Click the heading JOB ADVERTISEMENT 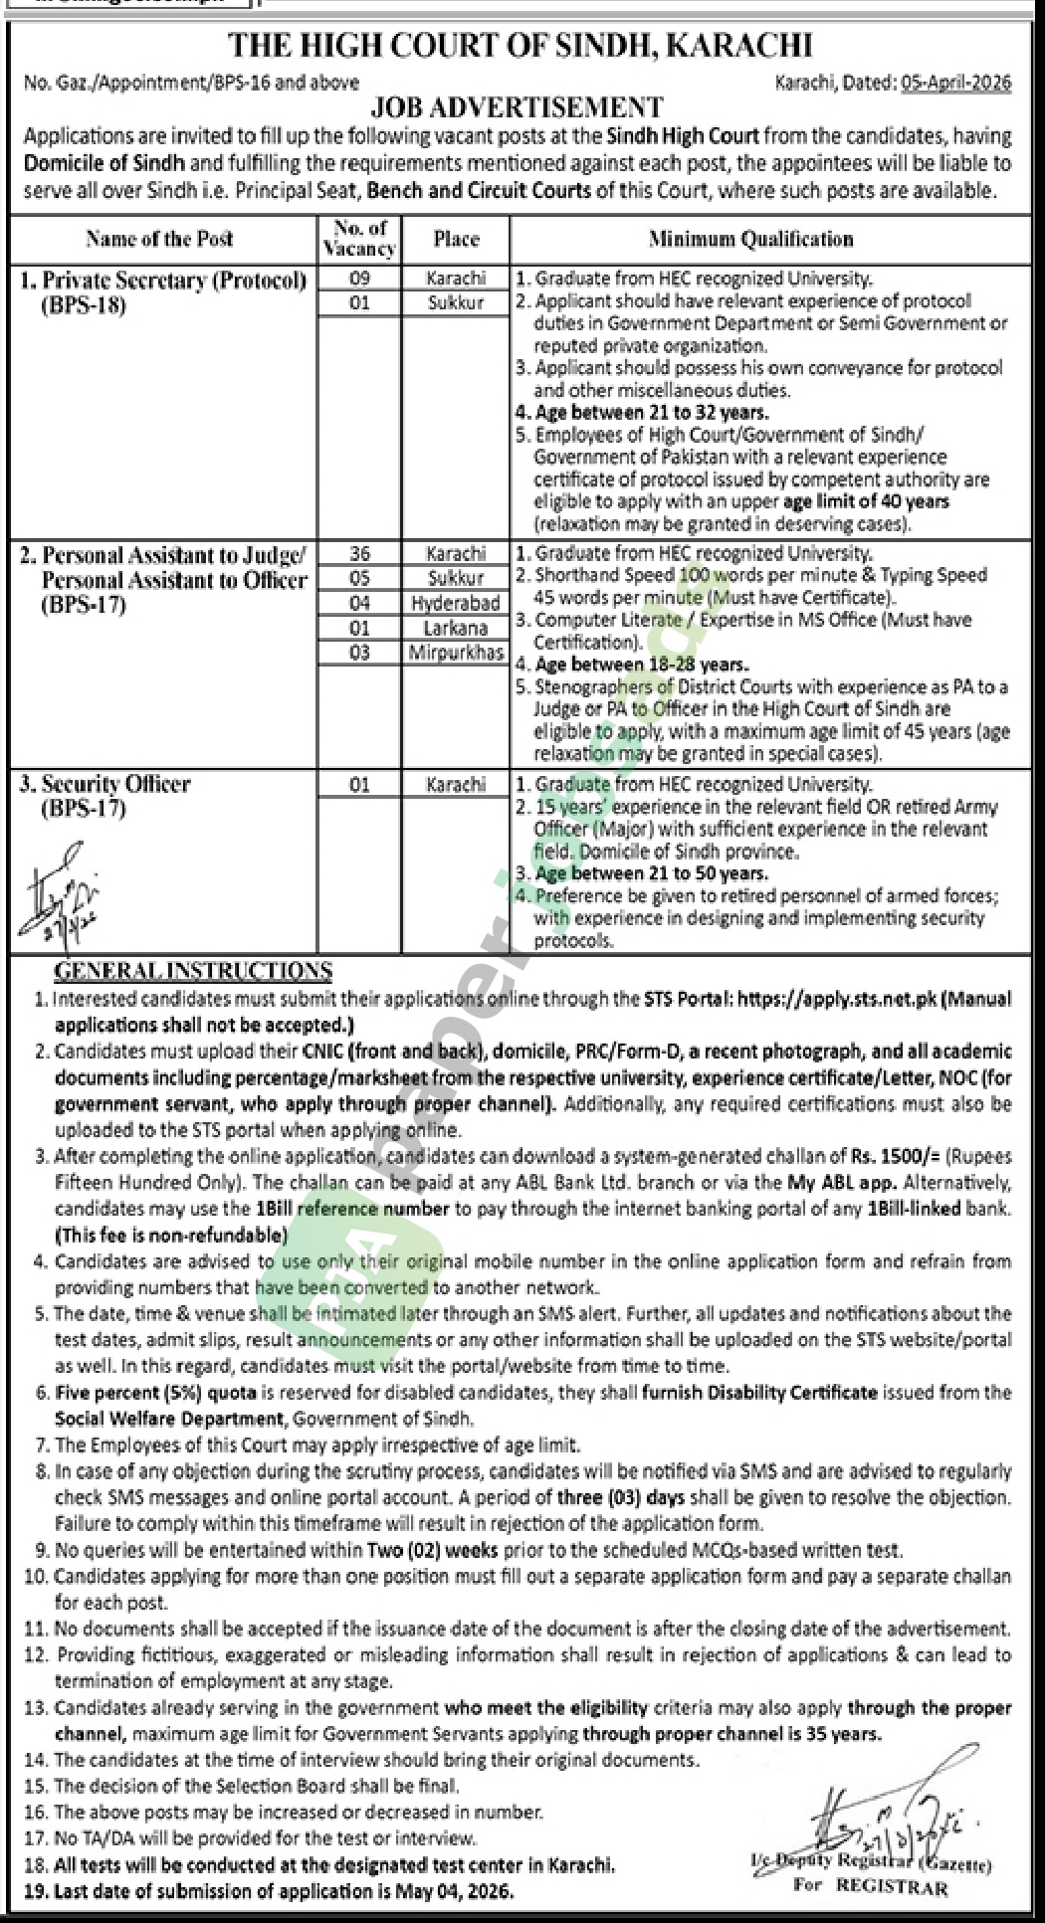click(517, 106)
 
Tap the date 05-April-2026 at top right click(956, 83)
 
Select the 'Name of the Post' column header click(159, 239)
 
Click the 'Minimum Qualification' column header click(751, 239)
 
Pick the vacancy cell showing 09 click(359, 279)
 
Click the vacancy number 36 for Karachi click(359, 553)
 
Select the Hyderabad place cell click(456, 603)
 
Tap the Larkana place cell click(456, 628)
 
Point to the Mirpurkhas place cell click(456, 653)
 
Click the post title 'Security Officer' click(115, 784)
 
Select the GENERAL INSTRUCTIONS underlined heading click(193, 971)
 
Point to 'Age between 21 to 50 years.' click(651, 873)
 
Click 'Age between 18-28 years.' click(642, 665)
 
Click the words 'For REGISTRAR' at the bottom click(870, 1886)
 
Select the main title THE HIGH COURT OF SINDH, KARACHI click(521, 46)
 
